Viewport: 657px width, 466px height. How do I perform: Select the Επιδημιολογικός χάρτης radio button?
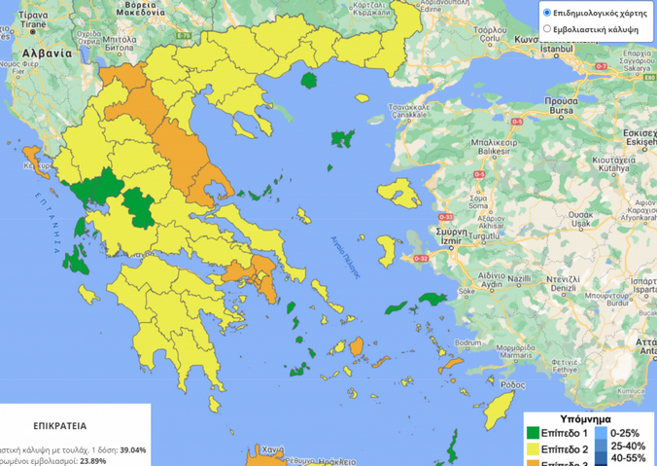click(546, 14)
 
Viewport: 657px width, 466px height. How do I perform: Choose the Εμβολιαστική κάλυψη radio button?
click(546, 29)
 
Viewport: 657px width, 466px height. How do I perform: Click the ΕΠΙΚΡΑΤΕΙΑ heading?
click(60, 426)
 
